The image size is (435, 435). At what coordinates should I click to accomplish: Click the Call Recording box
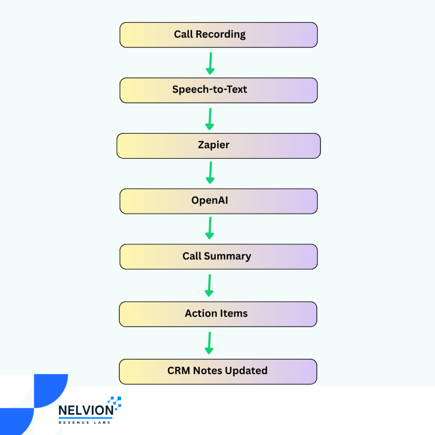pos(219,35)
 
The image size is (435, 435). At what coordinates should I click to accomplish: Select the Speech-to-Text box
pos(219,90)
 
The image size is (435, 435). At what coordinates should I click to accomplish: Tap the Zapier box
pos(219,146)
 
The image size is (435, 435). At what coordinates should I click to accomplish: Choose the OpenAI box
pos(219,201)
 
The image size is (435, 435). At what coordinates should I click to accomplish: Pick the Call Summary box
pos(219,257)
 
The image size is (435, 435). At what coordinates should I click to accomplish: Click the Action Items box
pos(218,314)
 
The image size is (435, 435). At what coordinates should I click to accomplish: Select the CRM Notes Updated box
pos(218,372)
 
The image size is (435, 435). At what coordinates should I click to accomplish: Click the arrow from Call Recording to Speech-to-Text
pos(210,64)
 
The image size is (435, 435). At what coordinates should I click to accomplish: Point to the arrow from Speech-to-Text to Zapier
pos(210,119)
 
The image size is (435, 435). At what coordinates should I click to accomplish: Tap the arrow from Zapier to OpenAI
pos(210,172)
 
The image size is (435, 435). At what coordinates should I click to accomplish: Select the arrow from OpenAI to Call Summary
pos(210,228)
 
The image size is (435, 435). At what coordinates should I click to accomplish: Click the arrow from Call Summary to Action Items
pos(209,285)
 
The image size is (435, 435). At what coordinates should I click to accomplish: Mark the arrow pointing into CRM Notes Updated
pos(209,343)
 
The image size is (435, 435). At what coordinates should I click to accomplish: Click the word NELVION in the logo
pos(86,410)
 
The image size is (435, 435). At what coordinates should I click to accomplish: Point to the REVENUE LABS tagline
pos(85,423)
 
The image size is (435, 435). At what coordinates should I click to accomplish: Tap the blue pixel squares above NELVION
pos(115,402)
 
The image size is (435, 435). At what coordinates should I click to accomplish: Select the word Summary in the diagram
pos(228,256)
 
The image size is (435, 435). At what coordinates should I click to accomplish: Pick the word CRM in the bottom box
pos(179,370)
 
